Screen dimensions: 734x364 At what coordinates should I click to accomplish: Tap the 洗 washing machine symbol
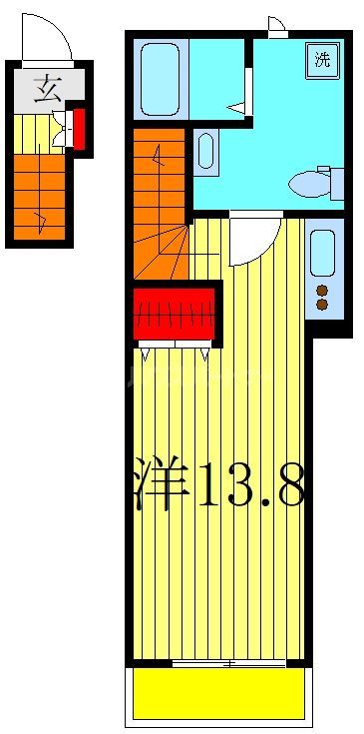pyautogui.click(x=322, y=58)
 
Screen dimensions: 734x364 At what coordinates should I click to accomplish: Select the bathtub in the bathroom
pyautogui.click(x=160, y=79)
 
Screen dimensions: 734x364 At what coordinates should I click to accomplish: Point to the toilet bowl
pyautogui.click(x=305, y=183)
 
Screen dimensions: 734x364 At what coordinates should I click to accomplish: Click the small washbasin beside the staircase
pyautogui.click(x=205, y=151)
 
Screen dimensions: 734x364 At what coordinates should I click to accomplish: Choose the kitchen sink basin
pyautogui.click(x=322, y=254)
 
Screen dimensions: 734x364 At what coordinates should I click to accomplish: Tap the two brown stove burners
pyautogui.click(x=322, y=298)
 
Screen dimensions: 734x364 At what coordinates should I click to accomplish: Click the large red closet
pyautogui.click(x=176, y=312)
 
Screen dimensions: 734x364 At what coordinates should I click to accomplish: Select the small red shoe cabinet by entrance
pyautogui.click(x=80, y=128)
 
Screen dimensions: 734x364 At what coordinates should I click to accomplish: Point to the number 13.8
pyautogui.click(x=249, y=484)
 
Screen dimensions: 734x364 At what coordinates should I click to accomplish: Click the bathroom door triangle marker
pyautogui.click(x=236, y=106)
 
